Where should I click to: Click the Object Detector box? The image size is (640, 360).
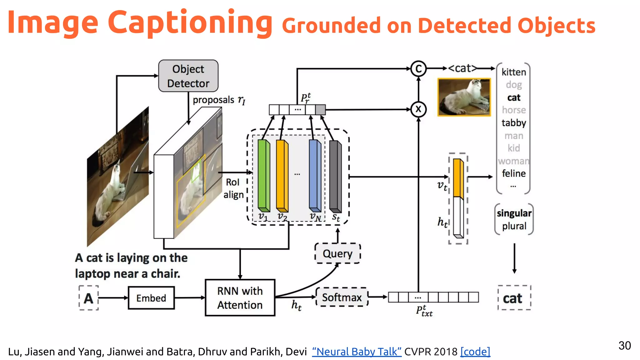pyautogui.click(x=188, y=76)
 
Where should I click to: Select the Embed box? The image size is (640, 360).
pyautogui.click(x=151, y=298)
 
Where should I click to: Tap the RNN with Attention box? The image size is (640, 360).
pyautogui.click(x=240, y=298)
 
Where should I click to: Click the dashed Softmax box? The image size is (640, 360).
pyautogui.click(x=342, y=297)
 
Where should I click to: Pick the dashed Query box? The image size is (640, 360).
pyautogui.click(x=337, y=253)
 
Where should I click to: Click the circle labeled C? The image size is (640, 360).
pyautogui.click(x=418, y=69)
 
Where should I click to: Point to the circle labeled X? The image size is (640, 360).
pyautogui.click(x=418, y=109)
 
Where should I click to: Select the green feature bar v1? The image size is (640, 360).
pyautogui.click(x=263, y=176)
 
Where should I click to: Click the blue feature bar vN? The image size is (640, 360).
pyautogui.click(x=315, y=176)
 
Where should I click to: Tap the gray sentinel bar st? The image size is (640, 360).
pyautogui.click(x=335, y=177)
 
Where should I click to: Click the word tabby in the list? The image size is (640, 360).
pyautogui.click(x=514, y=123)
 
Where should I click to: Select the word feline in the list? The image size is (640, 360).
pyautogui.click(x=514, y=173)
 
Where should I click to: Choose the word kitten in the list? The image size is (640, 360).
pyautogui.click(x=514, y=72)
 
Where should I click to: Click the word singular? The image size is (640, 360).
pyautogui.click(x=514, y=213)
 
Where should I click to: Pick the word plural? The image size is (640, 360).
pyautogui.click(x=514, y=226)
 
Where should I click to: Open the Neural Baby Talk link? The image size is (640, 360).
pyautogui.click(x=357, y=352)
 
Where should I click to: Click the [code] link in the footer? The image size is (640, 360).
pyautogui.click(x=475, y=352)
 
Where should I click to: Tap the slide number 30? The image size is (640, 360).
pyautogui.click(x=624, y=346)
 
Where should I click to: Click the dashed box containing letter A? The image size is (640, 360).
pyautogui.click(x=89, y=298)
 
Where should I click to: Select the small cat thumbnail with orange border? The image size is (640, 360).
pyautogui.click(x=464, y=97)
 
